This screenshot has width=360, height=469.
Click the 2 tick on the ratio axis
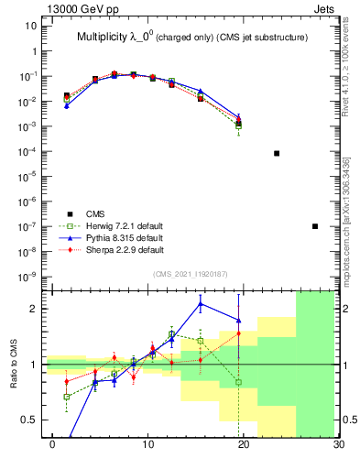pos(33,309)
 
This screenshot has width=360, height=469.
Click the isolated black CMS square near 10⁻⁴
pos(277,153)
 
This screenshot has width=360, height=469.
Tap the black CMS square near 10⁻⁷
pos(315,226)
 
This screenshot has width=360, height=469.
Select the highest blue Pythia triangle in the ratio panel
pos(201,303)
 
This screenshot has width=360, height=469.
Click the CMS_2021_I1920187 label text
pos(189,273)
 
